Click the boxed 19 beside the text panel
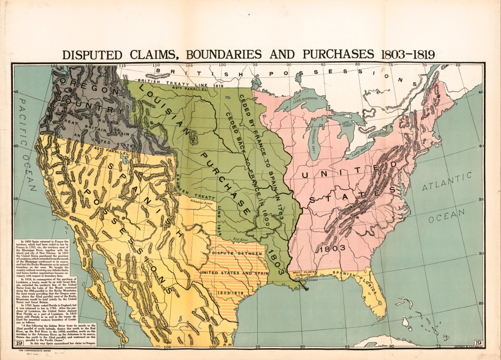[19, 343]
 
